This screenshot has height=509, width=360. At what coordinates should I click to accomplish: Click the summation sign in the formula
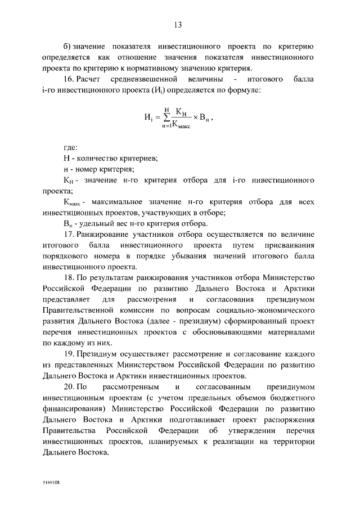pyautogui.click(x=165, y=118)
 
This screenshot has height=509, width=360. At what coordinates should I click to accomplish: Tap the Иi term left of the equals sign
pyautogui.click(x=147, y=118)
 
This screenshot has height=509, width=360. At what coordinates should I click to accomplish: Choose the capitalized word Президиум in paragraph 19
pyautogui.click(x=98, y=355)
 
